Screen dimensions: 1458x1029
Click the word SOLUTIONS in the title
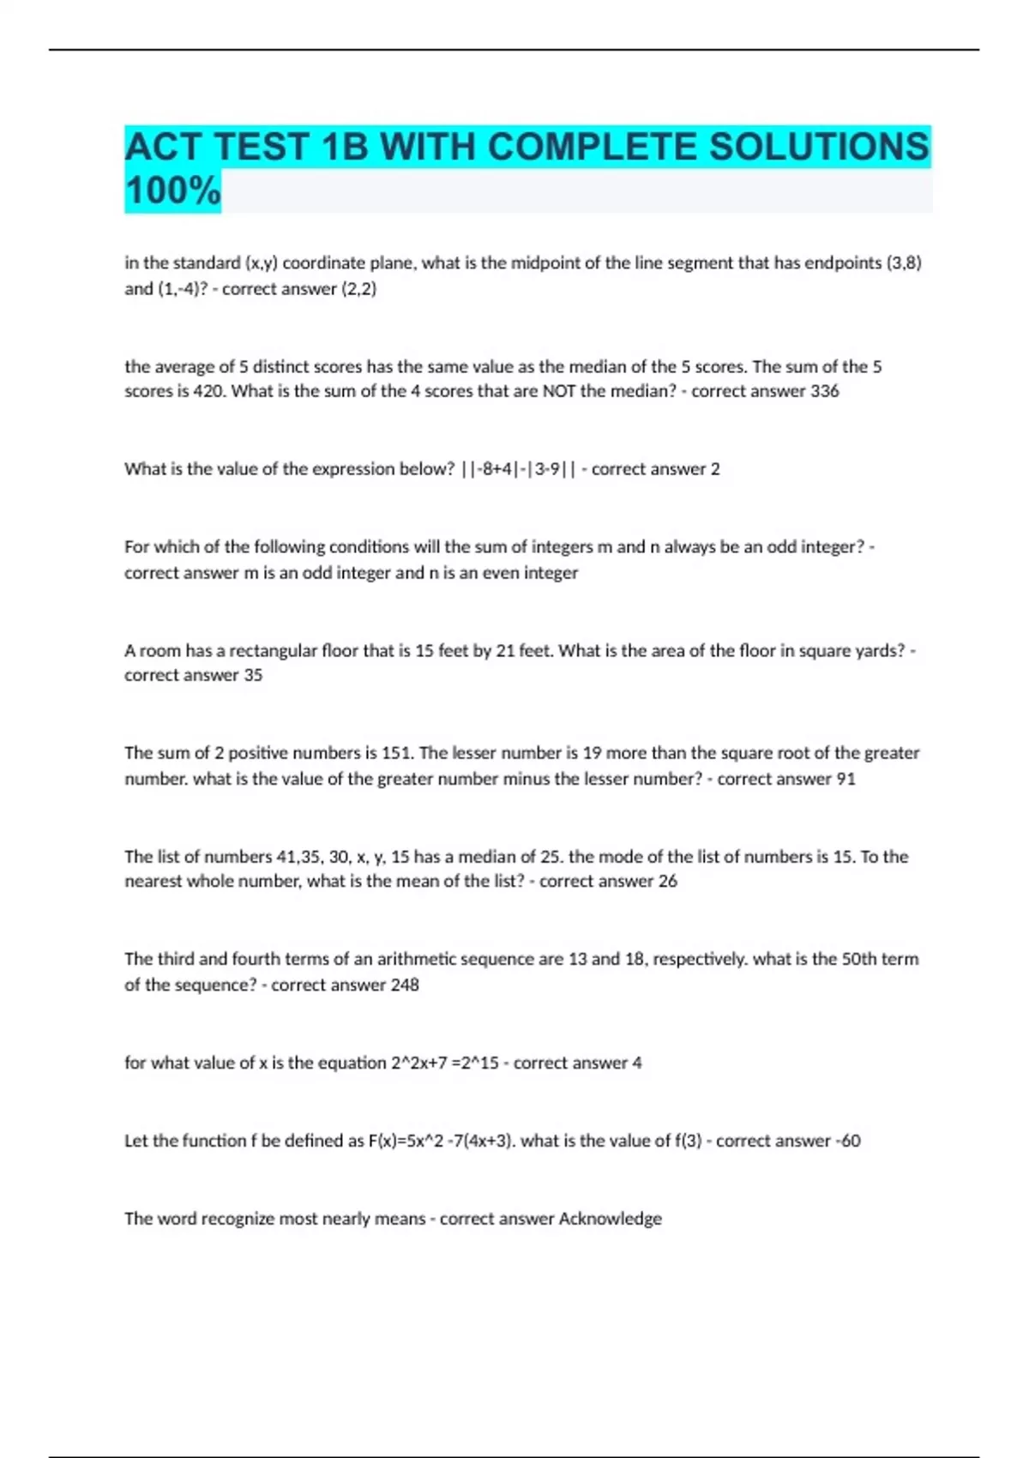(818, 147)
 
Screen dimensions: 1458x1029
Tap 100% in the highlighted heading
(172, 190)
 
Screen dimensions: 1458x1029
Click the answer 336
(824, 391)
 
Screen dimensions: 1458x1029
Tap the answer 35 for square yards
(252, 675)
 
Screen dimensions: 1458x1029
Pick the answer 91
(845, 779)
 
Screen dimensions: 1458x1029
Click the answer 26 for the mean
(667, 881)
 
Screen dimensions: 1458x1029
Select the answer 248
(404, 985)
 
